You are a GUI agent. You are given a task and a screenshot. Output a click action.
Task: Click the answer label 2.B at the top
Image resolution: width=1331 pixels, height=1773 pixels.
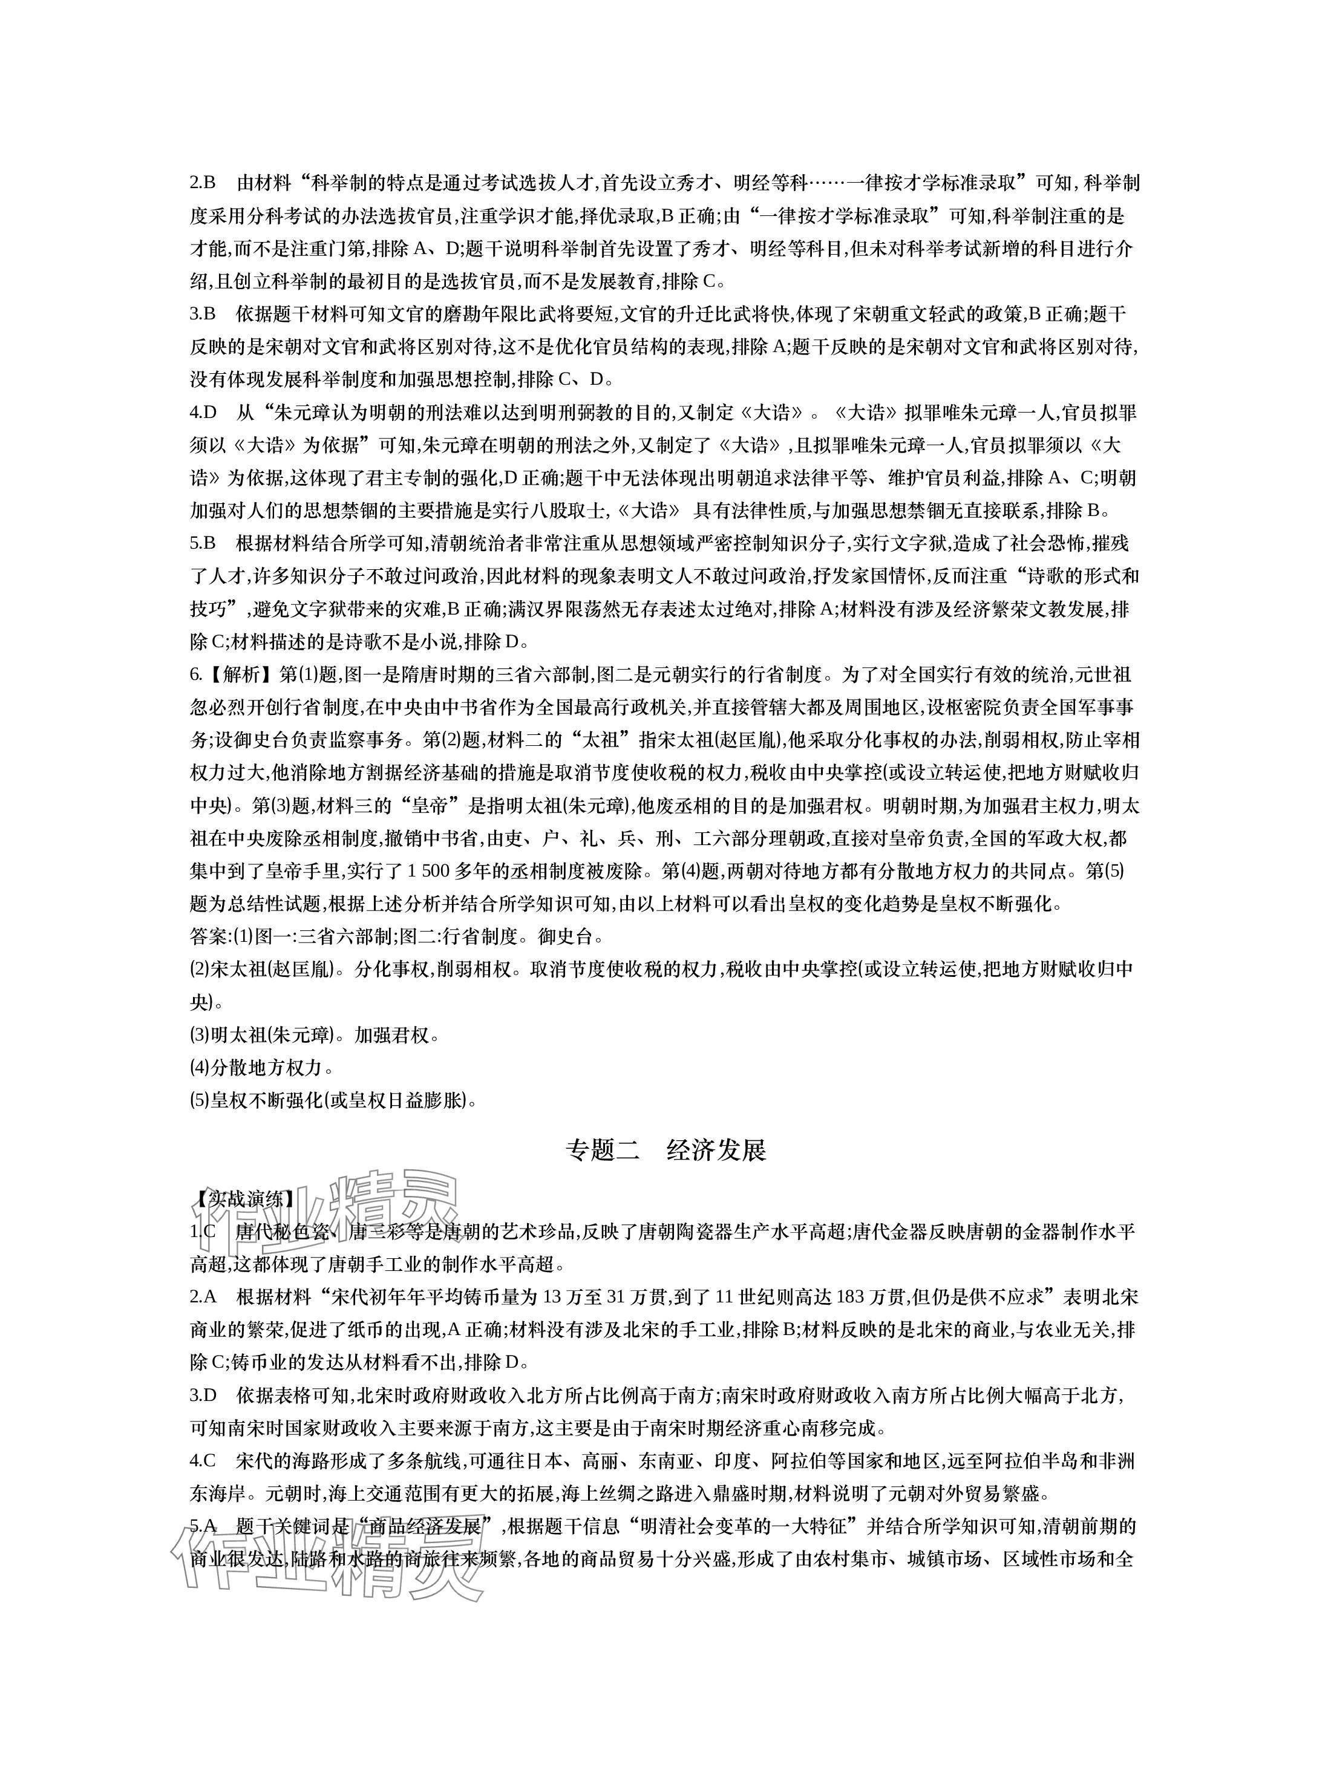203,183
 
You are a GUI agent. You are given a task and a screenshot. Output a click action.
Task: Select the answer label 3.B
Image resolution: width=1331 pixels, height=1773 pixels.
203,313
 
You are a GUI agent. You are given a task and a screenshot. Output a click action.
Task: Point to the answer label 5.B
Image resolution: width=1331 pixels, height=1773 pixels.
203,543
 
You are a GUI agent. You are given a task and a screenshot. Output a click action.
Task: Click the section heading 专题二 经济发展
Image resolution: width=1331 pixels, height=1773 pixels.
665,1150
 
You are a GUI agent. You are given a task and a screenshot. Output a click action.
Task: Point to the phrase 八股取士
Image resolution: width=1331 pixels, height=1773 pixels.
575,511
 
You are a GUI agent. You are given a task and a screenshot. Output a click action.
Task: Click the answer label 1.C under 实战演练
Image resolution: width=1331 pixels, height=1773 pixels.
203,1232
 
